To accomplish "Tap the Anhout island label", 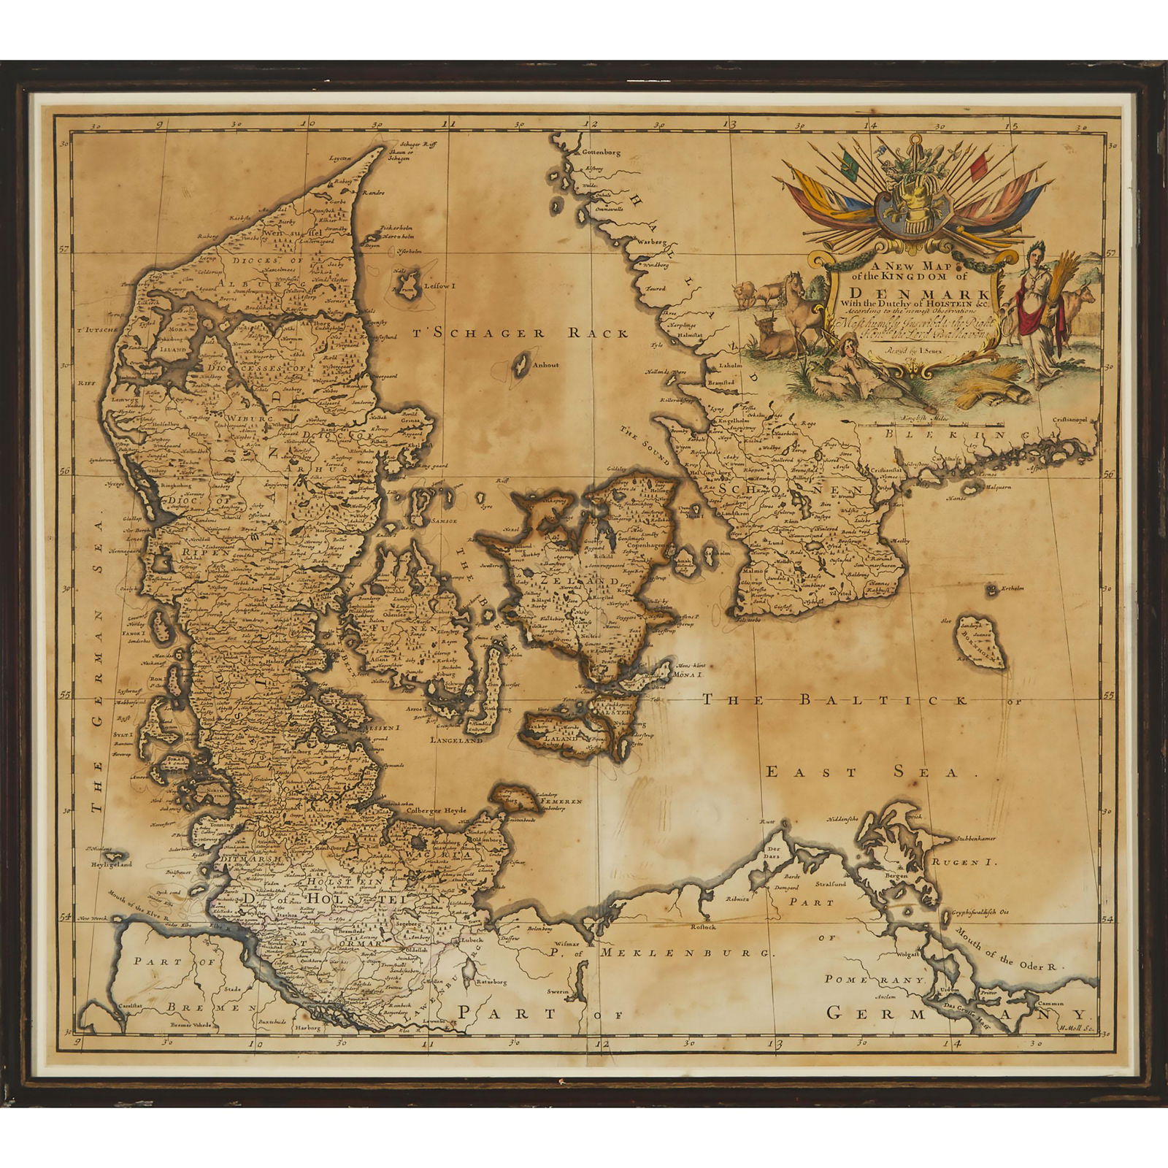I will point(546,366).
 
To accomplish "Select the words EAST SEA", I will point(861,772).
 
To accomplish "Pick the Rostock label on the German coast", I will point(705,928).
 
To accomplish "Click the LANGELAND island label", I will point(456,739).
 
